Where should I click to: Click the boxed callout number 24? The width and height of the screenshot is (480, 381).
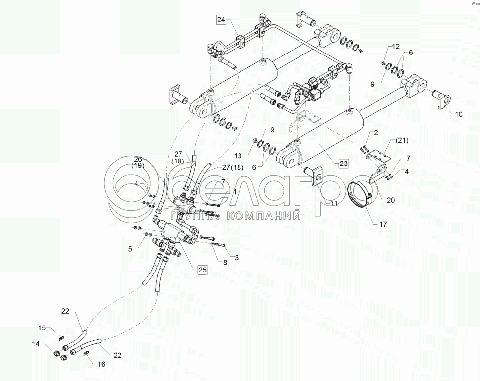(221, 20)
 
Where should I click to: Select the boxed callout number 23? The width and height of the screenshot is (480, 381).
(343, 163)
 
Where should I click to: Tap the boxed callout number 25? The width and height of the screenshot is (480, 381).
(202, 270)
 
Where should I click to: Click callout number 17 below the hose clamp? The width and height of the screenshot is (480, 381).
(382, 224)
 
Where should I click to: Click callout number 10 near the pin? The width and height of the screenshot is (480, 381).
(458, 114)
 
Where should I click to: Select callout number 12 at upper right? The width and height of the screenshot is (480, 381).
(396, 46)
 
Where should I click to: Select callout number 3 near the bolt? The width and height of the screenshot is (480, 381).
(236, 258)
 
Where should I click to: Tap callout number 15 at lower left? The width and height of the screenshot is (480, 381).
(42, 328)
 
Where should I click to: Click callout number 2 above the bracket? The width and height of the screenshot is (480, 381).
(376, 133)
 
